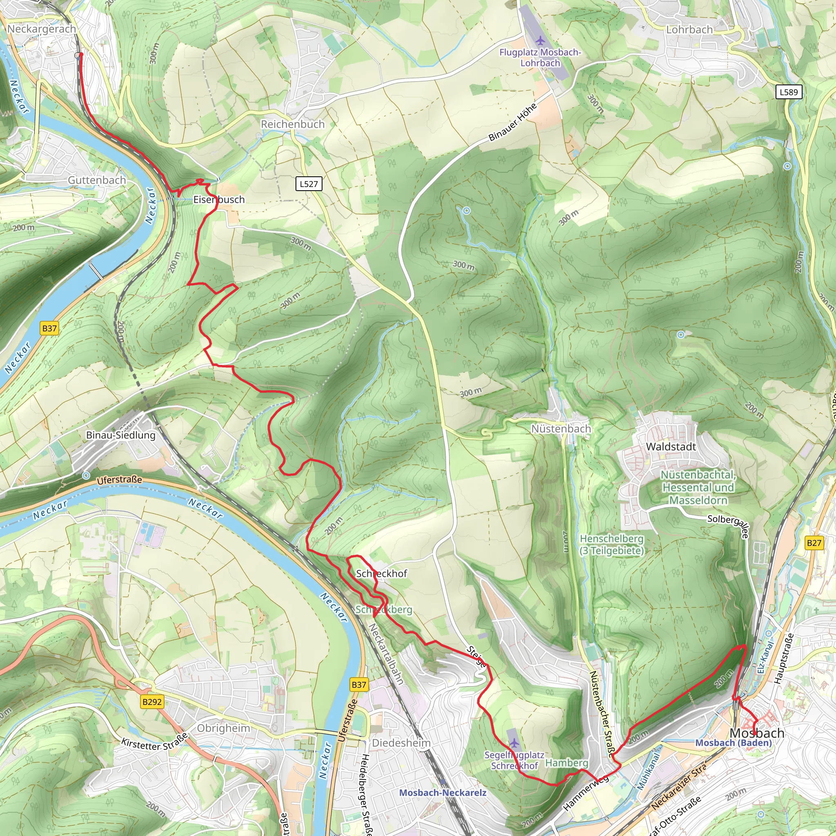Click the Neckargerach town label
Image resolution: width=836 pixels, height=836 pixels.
(x=42, y=29)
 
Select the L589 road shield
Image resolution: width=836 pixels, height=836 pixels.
(x=788, y=92)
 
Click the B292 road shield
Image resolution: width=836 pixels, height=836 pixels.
(x=152, y=701)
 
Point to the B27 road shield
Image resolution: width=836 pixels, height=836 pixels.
(x=814, y=543)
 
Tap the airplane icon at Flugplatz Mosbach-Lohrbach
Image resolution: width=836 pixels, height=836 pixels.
(x=540, y=41)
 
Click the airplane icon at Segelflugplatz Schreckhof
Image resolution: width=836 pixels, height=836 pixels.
(x=514, y=743)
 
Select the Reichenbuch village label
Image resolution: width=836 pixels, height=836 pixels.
(x=293, y=124)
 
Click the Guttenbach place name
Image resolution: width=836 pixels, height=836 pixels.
(x=97, y=180)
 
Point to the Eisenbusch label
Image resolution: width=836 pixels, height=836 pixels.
(x=219, y=200)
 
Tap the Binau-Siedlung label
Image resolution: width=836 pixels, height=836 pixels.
(x=121, y=435)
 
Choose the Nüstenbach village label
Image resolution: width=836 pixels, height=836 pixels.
(x=561, y=429)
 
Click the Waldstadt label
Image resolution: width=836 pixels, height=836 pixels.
(x=671, y=447)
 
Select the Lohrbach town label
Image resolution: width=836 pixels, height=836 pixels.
(x=689, y=30)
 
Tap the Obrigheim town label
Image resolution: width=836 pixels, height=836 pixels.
(x=224, y=728)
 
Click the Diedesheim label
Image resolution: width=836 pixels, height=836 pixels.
(x=401, y=743)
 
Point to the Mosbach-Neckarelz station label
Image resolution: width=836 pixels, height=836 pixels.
(x=442, y=793)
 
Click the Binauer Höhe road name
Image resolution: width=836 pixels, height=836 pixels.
(x=513, y=122)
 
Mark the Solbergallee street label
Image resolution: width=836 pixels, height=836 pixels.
(x=728, y=526)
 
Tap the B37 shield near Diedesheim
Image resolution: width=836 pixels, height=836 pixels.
(x=359, y=685)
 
